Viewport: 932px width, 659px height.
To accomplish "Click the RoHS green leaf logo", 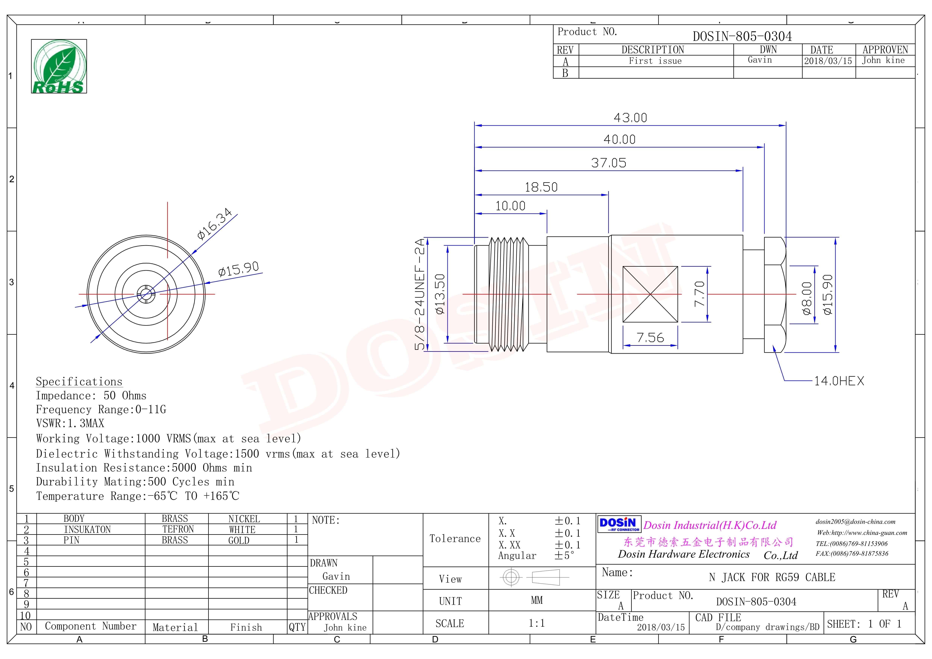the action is [59, 66].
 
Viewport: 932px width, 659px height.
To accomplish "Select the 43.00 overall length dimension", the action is [630, 118].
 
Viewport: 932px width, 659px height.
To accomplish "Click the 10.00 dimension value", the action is [510, 206].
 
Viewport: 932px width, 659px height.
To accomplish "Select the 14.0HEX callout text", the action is [839, 381].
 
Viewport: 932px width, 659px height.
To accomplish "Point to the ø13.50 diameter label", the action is [440, 294].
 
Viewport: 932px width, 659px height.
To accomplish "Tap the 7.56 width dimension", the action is [650, 337].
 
